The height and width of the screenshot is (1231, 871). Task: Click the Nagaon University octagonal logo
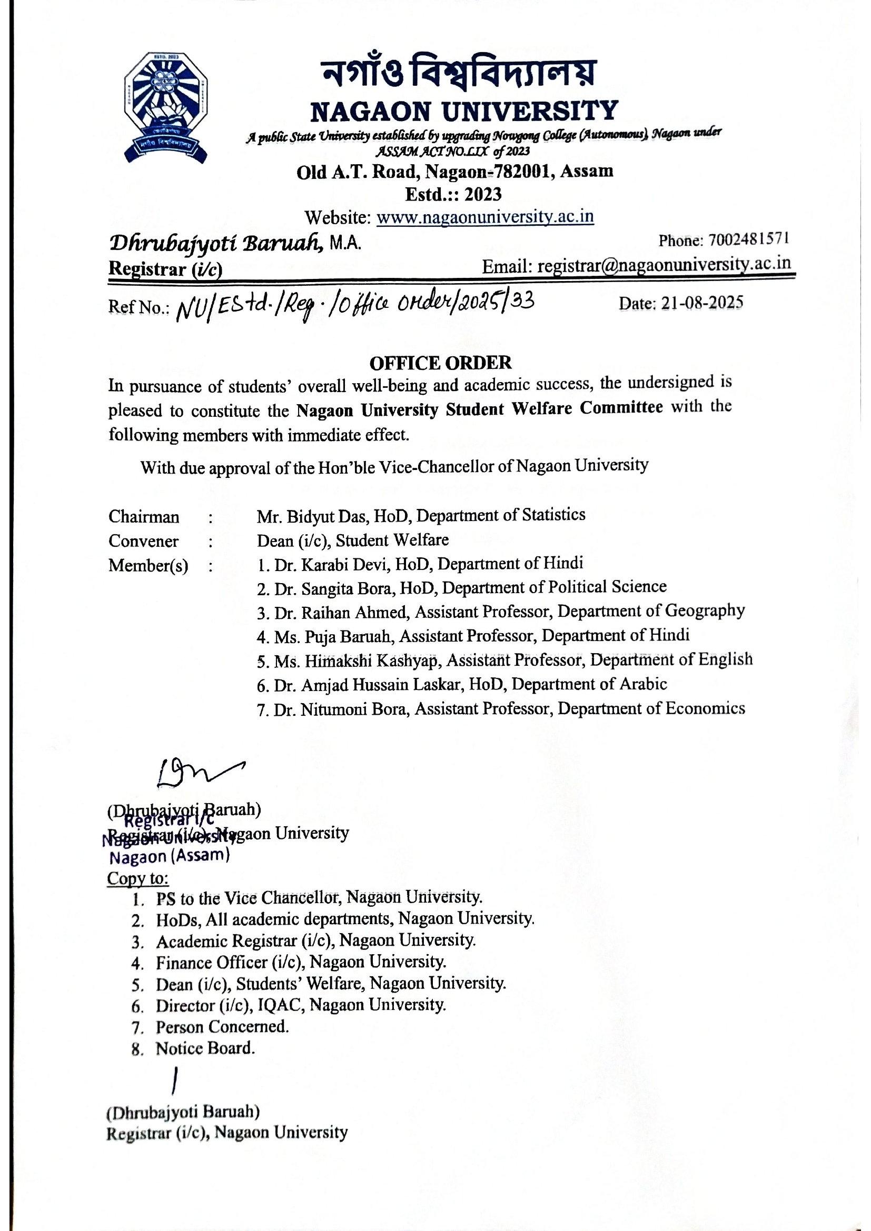coord(166,107)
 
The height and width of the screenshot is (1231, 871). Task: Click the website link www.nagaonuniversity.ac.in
coord(485,217)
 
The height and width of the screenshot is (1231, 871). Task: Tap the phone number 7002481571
coord(749,239)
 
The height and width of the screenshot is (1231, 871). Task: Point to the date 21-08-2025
coord(702,303)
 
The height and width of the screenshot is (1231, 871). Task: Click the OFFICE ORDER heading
coord(440,363)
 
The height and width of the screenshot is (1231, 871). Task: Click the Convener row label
coord(143,541)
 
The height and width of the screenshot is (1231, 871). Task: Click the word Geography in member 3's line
coord(704,611)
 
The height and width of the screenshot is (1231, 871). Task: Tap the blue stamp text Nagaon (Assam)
coord(170,856)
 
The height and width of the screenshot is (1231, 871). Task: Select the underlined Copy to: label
coord(138,878)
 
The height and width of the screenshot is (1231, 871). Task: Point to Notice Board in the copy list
coord(205,1048)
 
